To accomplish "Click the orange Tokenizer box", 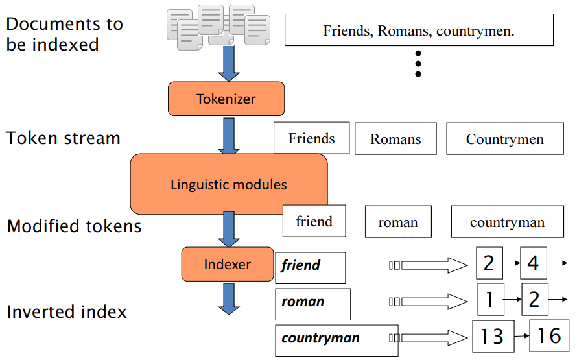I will pos(226,99).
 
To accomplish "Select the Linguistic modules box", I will pos(228,184).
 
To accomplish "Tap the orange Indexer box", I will pos(227,264).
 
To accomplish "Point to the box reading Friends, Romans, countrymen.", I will pos(419,30).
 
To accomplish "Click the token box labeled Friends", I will pos(311,138).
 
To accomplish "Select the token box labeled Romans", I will pos(395,139).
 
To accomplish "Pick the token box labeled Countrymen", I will pos(504,139).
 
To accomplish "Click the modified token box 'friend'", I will pos(314,221).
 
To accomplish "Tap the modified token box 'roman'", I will pos(397,222).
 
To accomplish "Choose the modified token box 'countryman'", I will pos(507,222).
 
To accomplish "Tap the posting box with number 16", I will pos(549,335).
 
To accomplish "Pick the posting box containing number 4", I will pos(533,263).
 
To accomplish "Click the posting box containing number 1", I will pos(491,299).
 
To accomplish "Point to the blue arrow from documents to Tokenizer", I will pos(228,64).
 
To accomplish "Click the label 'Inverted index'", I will pos(67,312).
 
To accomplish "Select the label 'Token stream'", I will pos(64,138).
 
